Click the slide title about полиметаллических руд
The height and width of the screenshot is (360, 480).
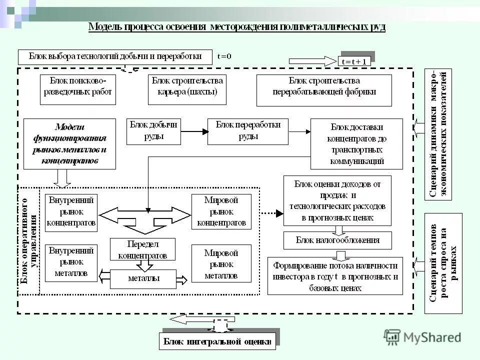click(x=236, y=26)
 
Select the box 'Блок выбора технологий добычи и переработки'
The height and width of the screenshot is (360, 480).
click(x=115, y=56)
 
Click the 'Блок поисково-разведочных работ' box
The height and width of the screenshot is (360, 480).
click(x=77, y=89)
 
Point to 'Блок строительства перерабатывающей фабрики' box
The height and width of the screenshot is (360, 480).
click(x=324, y=90)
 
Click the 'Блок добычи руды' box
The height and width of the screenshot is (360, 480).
click(x=153, y=131)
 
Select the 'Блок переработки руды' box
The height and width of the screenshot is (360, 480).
click(x=248, y=131)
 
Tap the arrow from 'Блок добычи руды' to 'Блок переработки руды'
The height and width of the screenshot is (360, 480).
click(x=194, y=131)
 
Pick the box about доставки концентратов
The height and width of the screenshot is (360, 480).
click(x=356, y=143)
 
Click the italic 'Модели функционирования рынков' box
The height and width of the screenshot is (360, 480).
click(x=69, y=143)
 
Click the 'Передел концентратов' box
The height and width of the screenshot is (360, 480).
click(x=142, y=249)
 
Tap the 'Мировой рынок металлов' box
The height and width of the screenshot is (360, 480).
click(x=221, y=263)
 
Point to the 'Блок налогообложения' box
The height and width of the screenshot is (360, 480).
click(x=338, y=240)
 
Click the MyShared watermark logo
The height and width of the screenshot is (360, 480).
click(x=422, y=337)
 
